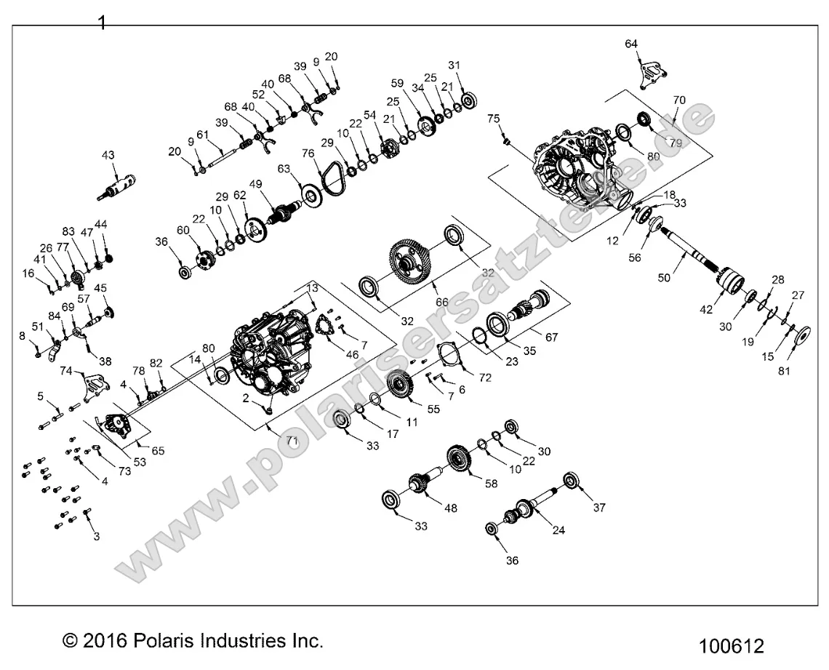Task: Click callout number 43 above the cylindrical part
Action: coord(108,156)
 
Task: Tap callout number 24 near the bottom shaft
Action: coord(558,530)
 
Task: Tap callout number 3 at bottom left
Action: coord(96,537)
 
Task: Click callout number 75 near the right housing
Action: coord(494,119)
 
